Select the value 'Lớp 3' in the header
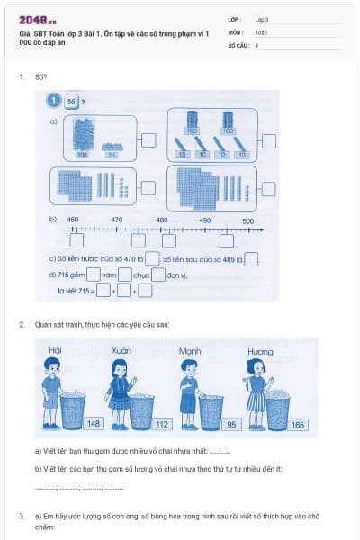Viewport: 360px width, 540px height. [261, 19]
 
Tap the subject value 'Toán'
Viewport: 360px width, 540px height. [261, 31]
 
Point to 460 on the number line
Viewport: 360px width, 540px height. [74, 220]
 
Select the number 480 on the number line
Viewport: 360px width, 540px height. [161, 220]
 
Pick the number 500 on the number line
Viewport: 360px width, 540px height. [248, 220]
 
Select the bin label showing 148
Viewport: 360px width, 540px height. [94, 424]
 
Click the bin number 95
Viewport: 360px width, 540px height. [232, 424]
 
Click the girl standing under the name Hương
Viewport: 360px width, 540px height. [256, 387]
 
